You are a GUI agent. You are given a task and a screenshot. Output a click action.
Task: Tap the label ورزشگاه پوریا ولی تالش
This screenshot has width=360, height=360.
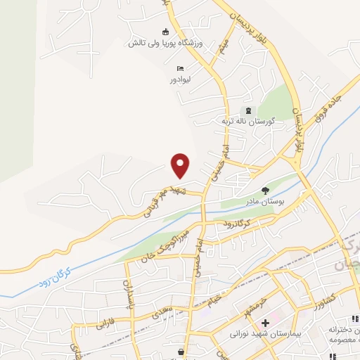coord(165,43)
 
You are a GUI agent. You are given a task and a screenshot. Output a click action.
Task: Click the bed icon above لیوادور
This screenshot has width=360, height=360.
coord(181,68)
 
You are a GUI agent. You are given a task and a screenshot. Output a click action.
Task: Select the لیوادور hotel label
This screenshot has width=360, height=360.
coord(181,79)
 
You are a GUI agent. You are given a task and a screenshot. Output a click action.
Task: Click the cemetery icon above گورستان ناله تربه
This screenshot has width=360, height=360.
coord(247,110)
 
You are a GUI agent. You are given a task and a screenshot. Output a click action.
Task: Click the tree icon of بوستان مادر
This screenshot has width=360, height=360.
coord(265,190)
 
